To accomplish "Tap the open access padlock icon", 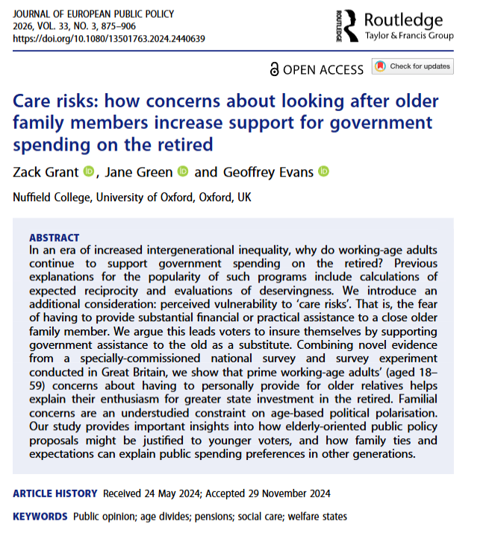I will (x=275, y=69).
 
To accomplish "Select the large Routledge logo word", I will (x=404, y=19).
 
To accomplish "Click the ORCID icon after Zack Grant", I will (x=89, y=172).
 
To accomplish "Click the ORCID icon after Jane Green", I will (x=184, y=172).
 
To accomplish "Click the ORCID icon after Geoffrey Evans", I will (x=323, y=172).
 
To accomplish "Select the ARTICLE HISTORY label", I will (x=55, y=493).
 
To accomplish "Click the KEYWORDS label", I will (x=40, y=516).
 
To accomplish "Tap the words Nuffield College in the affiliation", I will (x=50, y=197).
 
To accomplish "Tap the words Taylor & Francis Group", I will (x=409, y=35).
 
